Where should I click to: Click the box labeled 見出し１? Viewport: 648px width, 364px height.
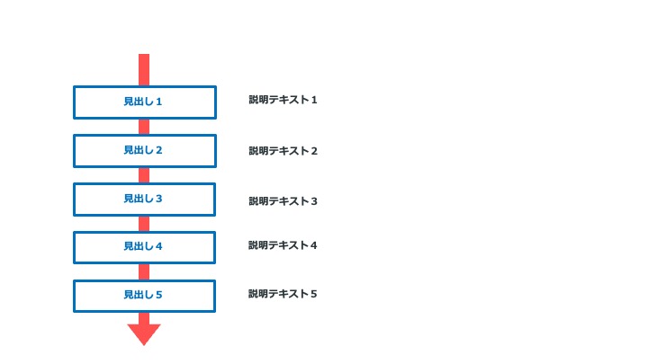(145, 102)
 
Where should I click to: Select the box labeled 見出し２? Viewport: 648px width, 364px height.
(145, 151)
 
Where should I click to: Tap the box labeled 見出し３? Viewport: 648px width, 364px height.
(144, 200)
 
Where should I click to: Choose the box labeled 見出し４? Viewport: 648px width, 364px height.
(144, 248)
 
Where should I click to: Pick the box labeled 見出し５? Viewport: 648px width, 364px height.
(144, 296)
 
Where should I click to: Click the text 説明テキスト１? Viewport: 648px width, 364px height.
(283, 100)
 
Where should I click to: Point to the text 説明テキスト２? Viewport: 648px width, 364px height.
(283, 151)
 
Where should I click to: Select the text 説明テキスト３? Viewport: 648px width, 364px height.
(283, 201)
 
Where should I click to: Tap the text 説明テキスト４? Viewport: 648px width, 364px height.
(283, 245)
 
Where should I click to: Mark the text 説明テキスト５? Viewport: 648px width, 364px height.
(283, 294)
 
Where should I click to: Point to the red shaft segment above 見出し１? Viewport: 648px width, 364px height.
(144, 70)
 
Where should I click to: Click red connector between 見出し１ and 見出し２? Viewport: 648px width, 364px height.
(144, 127)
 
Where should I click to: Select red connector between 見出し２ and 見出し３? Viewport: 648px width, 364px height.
(144, 175)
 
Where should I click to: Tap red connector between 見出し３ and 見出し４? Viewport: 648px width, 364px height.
(144, 224)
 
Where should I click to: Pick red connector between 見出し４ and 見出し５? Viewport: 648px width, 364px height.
(144, 272)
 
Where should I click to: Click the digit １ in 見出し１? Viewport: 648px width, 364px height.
(158, 102)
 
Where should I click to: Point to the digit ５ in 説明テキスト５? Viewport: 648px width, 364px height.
(314, 294)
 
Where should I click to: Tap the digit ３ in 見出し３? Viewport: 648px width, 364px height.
(158, 199)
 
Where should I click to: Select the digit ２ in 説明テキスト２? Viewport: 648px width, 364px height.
(314, 151)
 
